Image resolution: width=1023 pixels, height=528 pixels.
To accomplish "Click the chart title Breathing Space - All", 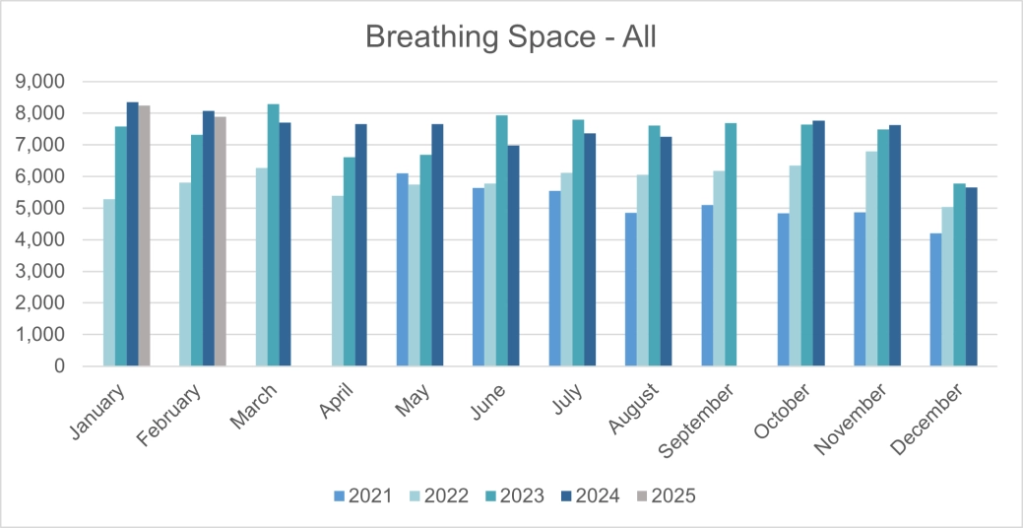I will tap(510, 36).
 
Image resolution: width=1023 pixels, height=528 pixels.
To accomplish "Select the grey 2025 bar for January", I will tap(144, 235).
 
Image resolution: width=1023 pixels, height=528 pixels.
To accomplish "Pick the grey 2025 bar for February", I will tap(220, 241).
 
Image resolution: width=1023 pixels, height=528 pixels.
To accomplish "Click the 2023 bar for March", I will tap(273, 235).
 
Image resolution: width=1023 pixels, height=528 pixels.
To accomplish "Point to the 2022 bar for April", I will tap(337, 281).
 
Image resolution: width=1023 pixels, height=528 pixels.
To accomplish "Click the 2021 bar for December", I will tap(934, 299).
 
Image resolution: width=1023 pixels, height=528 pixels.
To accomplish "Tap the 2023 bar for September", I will tap(731, 244).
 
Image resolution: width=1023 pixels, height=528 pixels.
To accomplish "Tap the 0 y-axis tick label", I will tap(58, 366).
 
